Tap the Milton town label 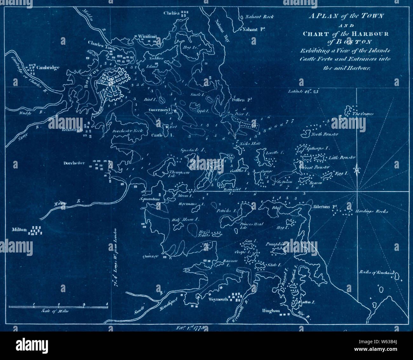[19, 229]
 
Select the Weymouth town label [219, 298]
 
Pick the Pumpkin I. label [275, 244]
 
